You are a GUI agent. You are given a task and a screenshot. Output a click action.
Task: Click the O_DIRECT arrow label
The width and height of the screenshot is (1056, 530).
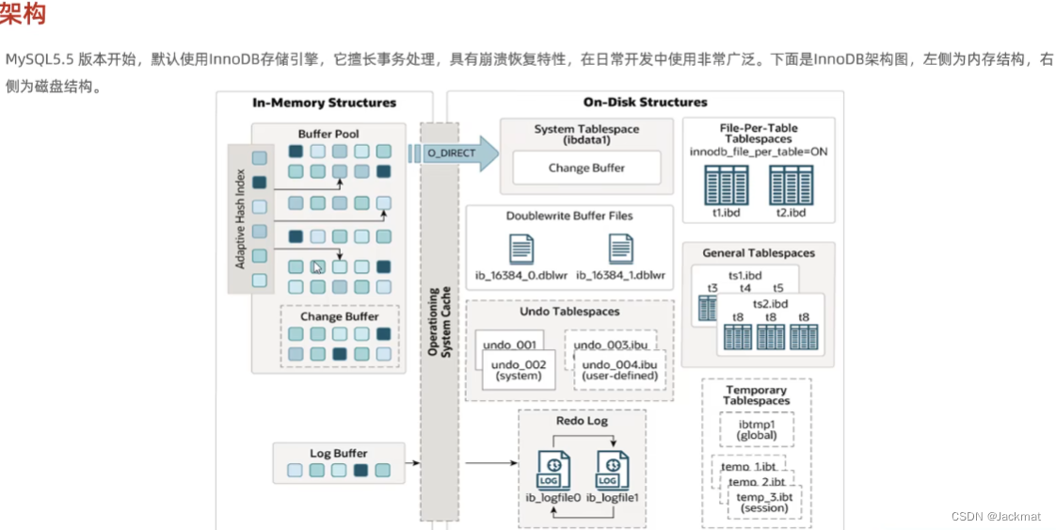pyautogui.click(x=448, y=153)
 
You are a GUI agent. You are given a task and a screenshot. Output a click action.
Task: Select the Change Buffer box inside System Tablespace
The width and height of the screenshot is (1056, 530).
pyautogui.click(x=586, y=169)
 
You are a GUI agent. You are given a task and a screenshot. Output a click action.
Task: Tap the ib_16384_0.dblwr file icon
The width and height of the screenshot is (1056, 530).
pyautogui.click(x=521, y=249)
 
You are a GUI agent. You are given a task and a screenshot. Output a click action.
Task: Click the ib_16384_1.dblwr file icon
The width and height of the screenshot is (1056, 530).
pyautogui.click(x=620, y=249)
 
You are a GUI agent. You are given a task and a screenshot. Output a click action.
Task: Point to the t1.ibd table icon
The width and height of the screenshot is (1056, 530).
pyautogui.click(x=727, y=185)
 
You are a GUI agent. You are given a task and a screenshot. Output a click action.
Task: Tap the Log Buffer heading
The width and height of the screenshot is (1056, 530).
pyautogui.click(x=338, y=454)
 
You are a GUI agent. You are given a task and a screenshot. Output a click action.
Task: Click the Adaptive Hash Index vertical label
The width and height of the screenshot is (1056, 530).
pyautogui.click(x=240, y=219)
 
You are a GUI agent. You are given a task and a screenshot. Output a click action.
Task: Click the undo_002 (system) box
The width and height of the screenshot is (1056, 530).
pyautogui.click(x=518, y=370)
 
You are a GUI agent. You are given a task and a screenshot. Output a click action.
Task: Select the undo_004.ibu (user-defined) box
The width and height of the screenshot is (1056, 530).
pyautogui.click(x=618, y=371)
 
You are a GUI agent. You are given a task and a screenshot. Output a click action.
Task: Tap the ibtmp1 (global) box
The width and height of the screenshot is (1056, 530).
pyautogui.click(x=757, y=429)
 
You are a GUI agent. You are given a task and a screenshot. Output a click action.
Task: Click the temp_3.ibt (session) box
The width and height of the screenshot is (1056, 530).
pyautogui.click(x=764, y=502)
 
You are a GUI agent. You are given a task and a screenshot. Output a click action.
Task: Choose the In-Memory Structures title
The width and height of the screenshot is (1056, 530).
pyautogui.click(x=325, y=103)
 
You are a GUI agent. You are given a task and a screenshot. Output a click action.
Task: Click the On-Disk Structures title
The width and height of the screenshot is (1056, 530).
pyautogui.click(x=645, y=103)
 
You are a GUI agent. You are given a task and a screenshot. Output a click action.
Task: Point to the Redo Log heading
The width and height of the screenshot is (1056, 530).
pyautogui.click(x=583, y=421)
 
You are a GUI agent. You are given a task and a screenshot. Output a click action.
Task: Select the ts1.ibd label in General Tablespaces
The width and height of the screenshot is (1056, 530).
pyautogui.click(x=746, y=276)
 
